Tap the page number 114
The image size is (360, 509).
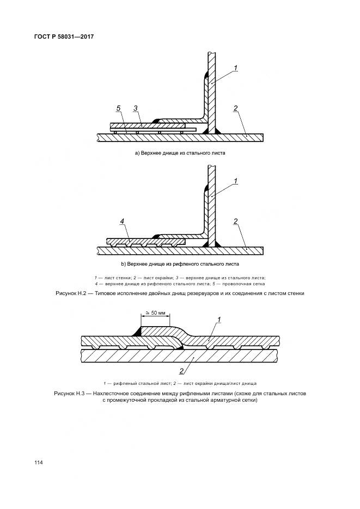point(38,462)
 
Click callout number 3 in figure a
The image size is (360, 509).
point(136,108)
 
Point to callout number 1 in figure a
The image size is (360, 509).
point(236,68)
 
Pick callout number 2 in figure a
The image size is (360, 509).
point(235,108)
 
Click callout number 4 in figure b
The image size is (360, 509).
point(123,221)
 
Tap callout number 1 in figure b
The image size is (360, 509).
point(236,181)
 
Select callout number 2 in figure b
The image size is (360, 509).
point(235,221)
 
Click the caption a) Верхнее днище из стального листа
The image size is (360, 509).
point(180,154)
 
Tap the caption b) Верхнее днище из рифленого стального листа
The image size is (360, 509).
point(180,264)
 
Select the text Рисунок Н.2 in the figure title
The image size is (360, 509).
point(72,293)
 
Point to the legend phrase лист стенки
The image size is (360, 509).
point(113,278)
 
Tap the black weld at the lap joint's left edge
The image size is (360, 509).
point(138,331)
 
